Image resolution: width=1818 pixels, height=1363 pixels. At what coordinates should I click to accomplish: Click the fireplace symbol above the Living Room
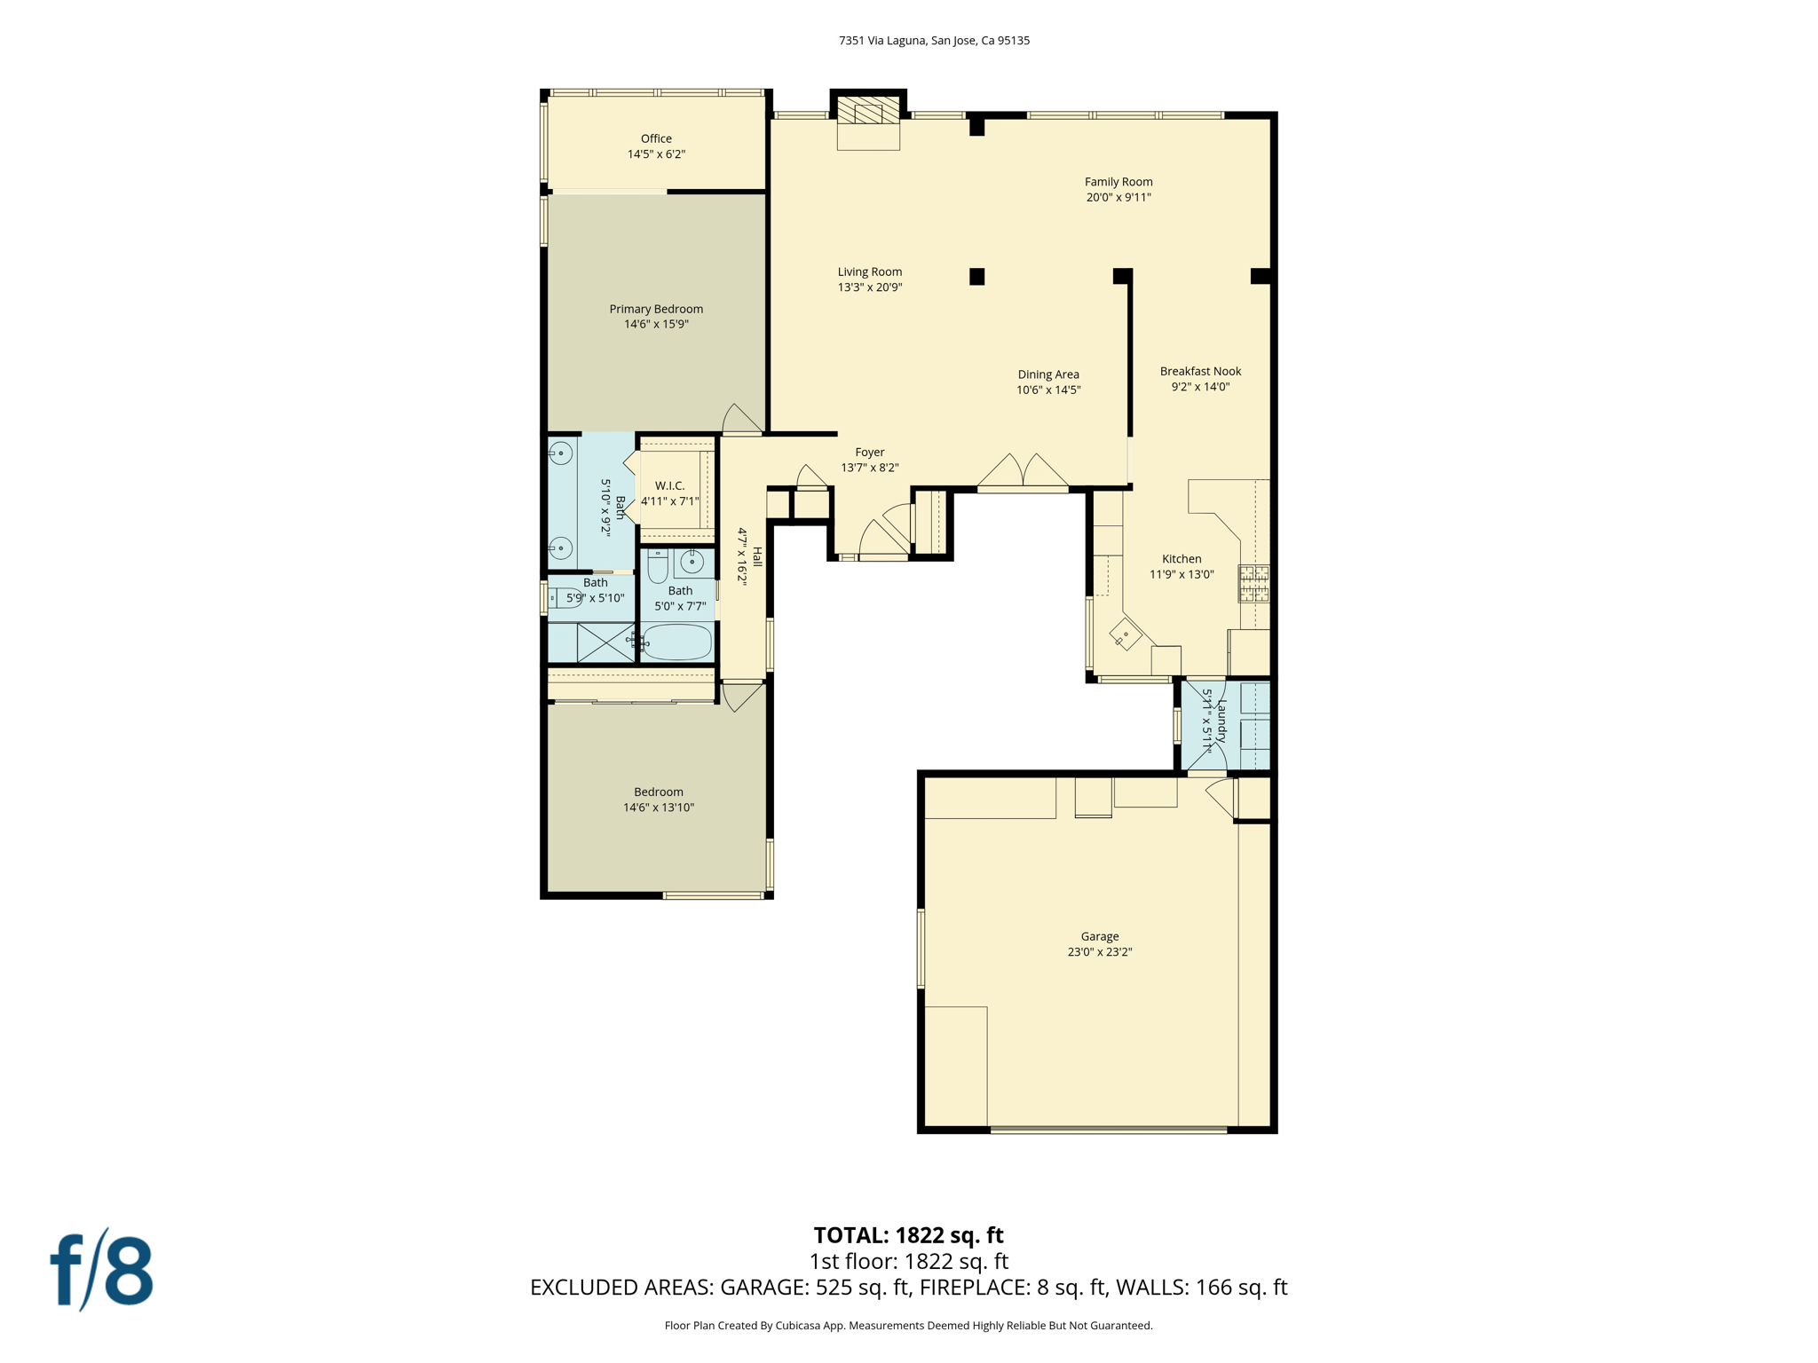(867, 113)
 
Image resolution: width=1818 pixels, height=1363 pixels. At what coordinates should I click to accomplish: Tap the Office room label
(656, 138)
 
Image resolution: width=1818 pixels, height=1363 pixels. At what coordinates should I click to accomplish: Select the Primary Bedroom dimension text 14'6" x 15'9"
(656, 325)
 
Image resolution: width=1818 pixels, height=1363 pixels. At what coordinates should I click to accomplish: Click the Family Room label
(1118, 182)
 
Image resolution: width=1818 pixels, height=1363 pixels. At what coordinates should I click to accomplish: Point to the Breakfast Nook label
(1200, 372)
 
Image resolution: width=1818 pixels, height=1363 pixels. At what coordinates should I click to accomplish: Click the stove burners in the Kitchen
(1254, 584)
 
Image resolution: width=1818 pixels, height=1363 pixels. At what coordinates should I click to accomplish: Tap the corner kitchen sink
(1125, 634)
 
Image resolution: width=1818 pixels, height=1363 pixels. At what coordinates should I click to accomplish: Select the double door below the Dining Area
(1023, 472)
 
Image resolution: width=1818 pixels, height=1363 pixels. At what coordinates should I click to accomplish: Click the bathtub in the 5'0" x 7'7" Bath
(676, 642)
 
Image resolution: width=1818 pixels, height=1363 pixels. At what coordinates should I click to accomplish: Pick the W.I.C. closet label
(670, 486)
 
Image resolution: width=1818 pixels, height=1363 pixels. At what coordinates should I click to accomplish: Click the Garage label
(1099, 936)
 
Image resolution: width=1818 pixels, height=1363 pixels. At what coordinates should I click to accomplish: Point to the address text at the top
(934, 41)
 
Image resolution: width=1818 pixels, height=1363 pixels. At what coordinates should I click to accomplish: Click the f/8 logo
(102, 1271)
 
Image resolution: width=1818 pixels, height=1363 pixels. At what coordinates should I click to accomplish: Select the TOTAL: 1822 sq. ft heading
(908, 1235)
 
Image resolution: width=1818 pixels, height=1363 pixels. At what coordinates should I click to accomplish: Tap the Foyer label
(869, 453)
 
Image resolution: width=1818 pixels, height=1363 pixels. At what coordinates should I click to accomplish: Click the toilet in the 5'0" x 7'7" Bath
(657, 565)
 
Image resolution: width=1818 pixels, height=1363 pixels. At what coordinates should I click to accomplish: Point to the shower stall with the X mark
(605, 642)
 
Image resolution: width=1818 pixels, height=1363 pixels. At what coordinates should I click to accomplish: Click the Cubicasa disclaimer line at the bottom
(908, 1326)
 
